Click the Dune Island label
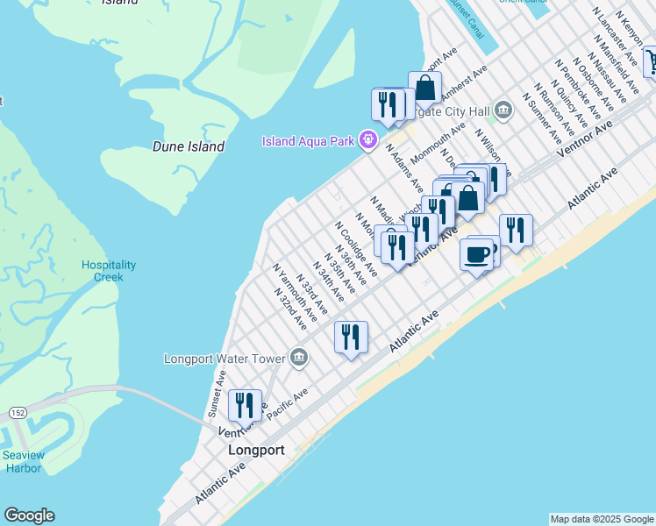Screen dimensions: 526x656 coord(189,146)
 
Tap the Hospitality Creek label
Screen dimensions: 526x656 coord(109,271)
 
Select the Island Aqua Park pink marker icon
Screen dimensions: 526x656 coord(368,139)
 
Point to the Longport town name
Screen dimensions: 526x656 coord(256,450)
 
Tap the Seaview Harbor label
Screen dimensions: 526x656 coord(22,461)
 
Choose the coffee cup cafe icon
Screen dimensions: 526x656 coord(476,254)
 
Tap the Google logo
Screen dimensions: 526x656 coord(29,515)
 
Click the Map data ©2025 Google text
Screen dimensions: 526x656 coord(601,519)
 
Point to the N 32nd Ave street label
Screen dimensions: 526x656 coord(290,308)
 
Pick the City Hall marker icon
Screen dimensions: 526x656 coord(503,110)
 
